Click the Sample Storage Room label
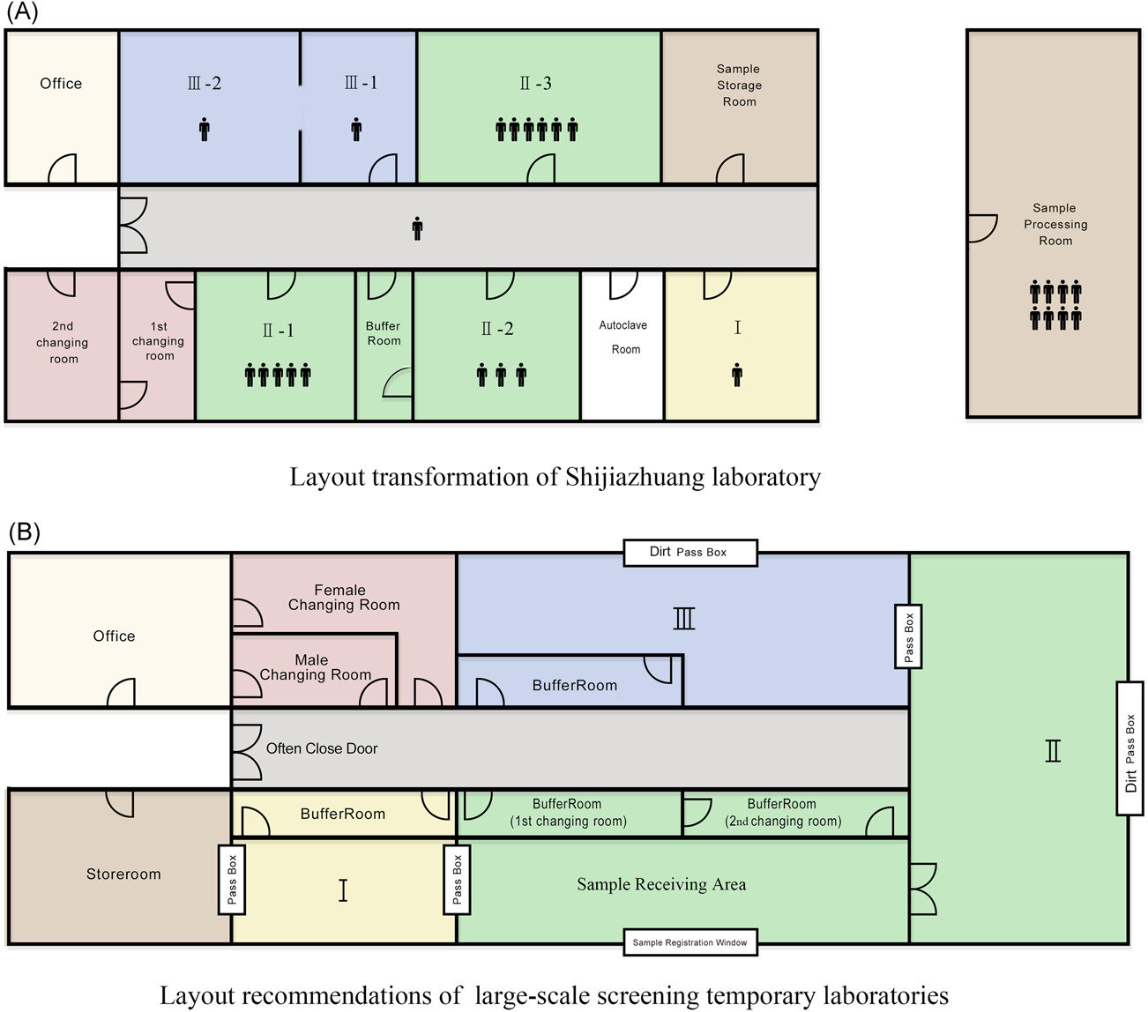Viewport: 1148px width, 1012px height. click(739, 86)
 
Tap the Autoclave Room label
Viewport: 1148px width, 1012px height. click(623, 337)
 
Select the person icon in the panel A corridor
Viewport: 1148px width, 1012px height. click(417, 229)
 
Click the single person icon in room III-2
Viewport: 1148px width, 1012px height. click(205, 130)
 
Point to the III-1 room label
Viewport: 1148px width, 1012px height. click(361, 83)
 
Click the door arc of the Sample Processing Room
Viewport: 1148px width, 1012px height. click(982, 227)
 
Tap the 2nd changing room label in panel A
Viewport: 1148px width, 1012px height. click(63, 342)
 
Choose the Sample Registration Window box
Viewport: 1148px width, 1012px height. click(690, 942)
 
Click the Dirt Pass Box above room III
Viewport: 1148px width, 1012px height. click(689, 552)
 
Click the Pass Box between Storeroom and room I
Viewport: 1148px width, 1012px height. click(232, 879)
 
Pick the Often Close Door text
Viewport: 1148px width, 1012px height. click(322, 748)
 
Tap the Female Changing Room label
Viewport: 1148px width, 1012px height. click(343, 598)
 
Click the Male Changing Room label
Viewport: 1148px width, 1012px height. click(314, 667)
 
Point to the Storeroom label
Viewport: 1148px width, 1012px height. click(123, 874)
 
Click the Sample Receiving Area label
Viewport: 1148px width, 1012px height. click(661, 884)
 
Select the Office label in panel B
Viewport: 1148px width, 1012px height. click(115, 636)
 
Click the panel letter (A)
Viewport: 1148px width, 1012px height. click(21, 12)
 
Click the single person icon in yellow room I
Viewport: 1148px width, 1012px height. click(737, 376)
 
